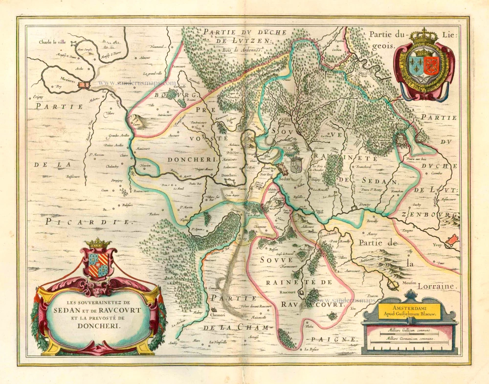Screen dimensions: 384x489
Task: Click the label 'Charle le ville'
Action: (x=56, y=42)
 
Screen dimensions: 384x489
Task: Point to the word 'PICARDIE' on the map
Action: (x=90, y=222)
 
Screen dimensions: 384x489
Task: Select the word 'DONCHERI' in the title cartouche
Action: (x=97, y=324)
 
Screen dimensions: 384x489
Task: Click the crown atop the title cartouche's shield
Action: (x=98, y=243)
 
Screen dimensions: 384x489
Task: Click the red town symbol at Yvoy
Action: (x=453, y=239)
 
